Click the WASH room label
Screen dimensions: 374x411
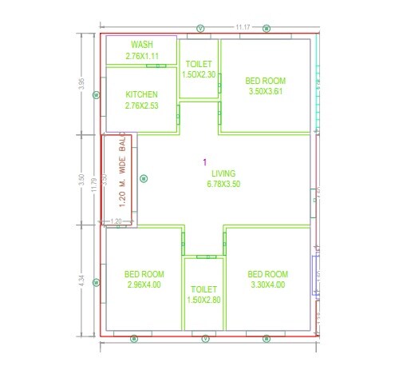(142, 45)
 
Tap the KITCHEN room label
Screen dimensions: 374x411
(142, 94)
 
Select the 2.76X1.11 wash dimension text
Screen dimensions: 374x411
(142, 56)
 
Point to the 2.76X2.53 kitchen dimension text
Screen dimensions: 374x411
(142, 105)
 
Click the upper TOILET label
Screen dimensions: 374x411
(199, 64)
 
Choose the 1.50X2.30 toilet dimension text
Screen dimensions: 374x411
(199, 74)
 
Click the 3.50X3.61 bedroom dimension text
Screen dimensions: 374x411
(265, 91)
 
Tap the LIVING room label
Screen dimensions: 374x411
(223, 173)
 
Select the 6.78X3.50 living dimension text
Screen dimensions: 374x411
(223, 184)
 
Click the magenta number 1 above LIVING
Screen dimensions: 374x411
(205, 162)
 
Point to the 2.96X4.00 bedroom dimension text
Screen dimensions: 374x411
(144, 284)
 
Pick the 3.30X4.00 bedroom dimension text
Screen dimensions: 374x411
(267, 283)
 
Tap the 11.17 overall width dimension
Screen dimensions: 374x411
(243, 28)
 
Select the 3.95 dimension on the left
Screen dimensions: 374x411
(81, 85)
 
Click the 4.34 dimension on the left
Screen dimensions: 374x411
(81, 281)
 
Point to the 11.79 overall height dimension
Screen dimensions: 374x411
(94, 185)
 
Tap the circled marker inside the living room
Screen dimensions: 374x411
(144, 179)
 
